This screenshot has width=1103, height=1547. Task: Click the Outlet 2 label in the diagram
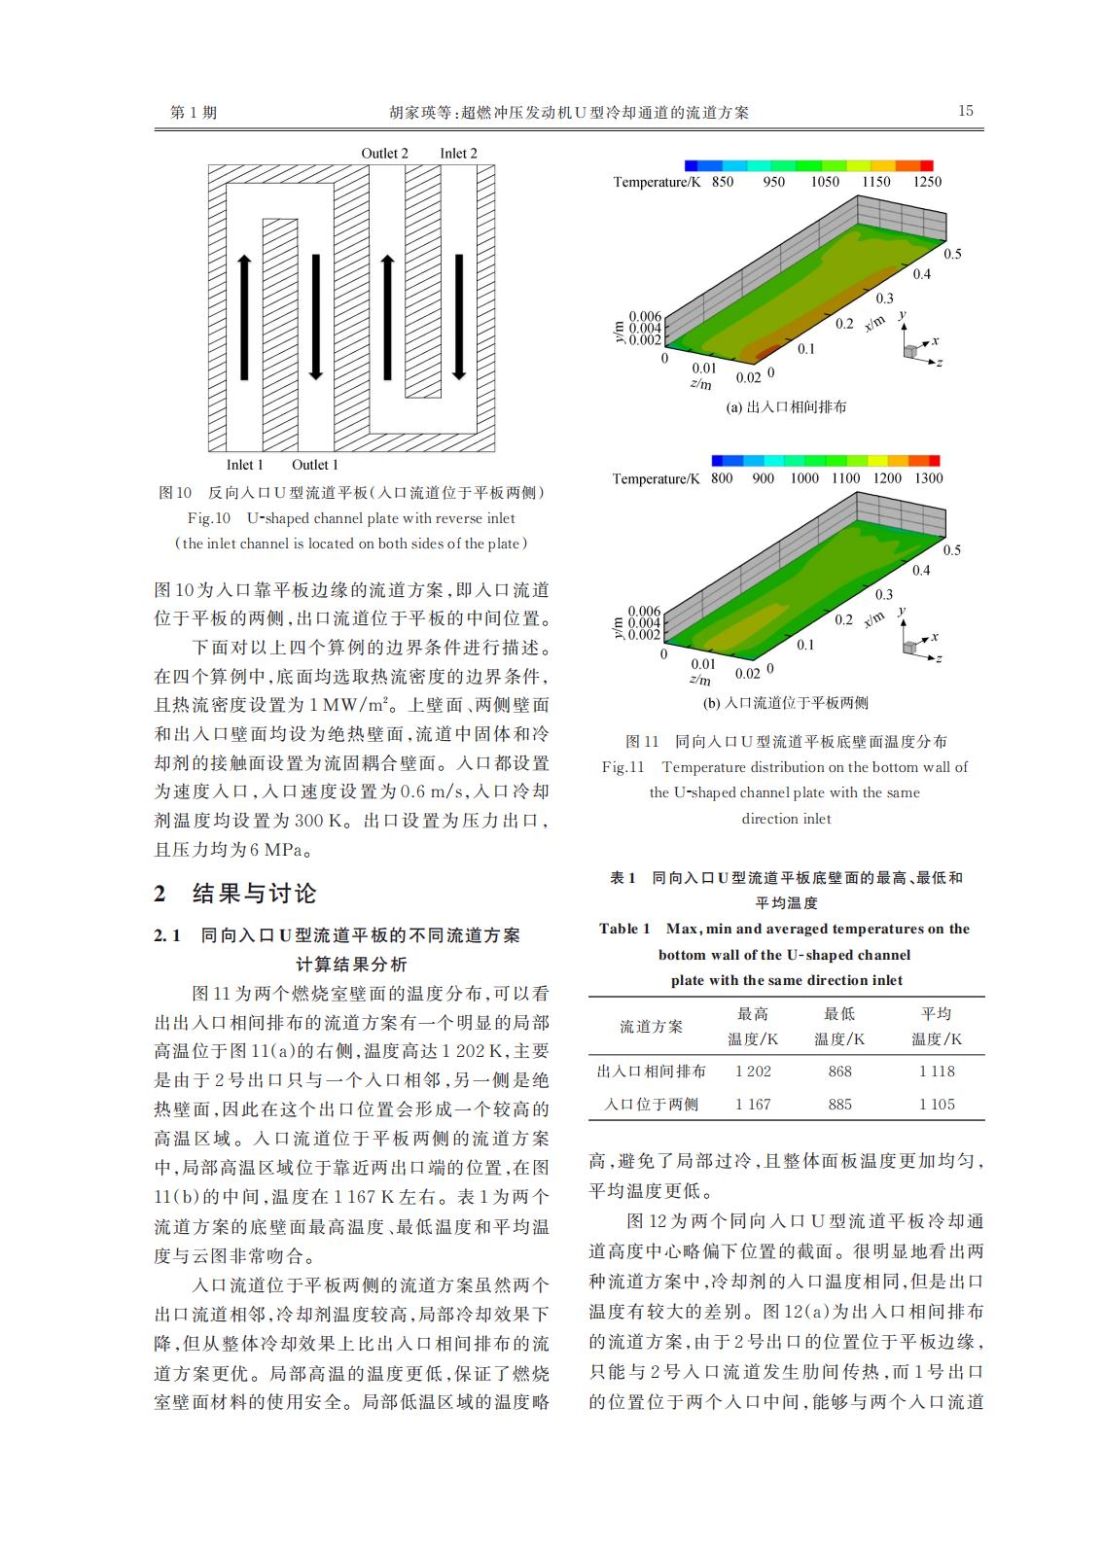point(384,154)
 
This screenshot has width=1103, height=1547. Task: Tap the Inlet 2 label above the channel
point(458,154)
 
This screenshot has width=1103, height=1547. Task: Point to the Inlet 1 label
point(245,465)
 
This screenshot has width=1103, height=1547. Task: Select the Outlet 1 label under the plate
point(315,465)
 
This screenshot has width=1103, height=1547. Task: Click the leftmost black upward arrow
point(244,317)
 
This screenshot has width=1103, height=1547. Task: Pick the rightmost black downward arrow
point(458,317)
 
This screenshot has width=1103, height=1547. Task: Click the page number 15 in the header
point(965,111)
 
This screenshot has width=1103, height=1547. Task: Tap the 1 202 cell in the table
point(753,1072)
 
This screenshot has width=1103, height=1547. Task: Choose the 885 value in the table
point(839,1105)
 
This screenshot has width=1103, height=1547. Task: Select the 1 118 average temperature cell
point(937,1072)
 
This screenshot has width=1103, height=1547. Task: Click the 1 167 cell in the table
point(753,1105)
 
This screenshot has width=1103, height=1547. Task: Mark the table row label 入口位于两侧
point(651,1105)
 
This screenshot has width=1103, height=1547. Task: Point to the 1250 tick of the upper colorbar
point(927,182)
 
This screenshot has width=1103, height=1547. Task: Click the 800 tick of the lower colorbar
point(722,478)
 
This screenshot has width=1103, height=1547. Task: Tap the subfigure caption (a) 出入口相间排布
point(786,407)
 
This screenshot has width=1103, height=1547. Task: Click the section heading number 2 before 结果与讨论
point(160,895)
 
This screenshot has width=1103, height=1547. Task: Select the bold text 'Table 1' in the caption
point(624,930)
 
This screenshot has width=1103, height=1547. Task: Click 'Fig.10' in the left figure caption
point(209,518)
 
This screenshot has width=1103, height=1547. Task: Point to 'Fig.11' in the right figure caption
point(623,767)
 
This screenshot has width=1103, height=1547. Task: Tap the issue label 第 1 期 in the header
point(194,112)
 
